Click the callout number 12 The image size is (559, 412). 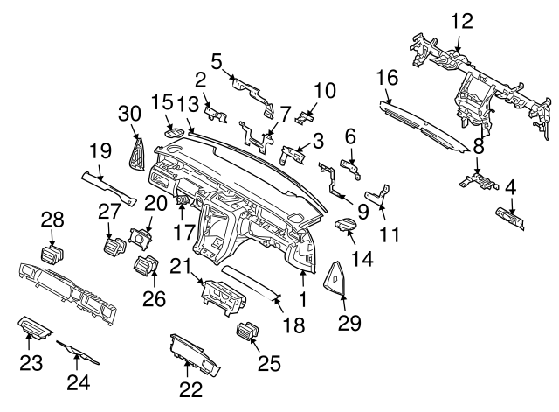click(460, 19)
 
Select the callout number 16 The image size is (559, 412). click(386, 79)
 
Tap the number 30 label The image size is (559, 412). click(129, 113)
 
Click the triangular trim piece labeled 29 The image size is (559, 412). click(335, 276)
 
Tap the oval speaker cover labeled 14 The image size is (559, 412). click(347, 227)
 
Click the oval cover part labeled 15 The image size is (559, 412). click(174, 134)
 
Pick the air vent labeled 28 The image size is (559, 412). click(52, 255)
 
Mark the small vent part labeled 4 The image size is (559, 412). click(509, 218)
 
